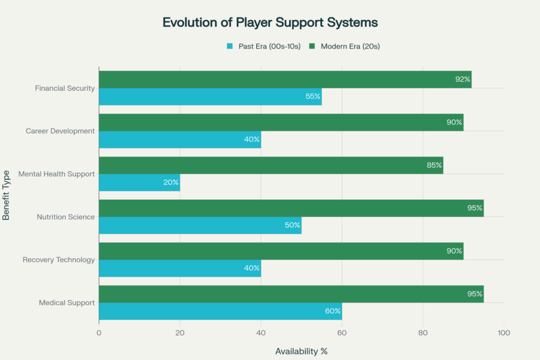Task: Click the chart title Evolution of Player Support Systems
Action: [270, 23]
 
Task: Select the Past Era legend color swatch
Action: [229, 46]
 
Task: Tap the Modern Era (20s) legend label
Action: [350, 46]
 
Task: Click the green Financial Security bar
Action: [285, 80]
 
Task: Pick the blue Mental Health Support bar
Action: [139, 182]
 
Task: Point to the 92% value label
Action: [462, 80]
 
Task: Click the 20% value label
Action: [171, 182]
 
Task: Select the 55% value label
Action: [313, 97]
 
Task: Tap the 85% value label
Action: [434, 166]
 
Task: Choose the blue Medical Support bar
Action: [220, 311]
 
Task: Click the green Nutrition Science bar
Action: [291, 208]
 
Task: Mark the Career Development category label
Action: [60, 131]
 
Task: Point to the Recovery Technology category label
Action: [59, 259]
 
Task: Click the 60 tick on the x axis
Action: [342, 333]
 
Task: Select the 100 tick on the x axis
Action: [504, 333]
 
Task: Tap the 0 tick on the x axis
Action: [99, 333]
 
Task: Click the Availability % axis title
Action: [301, 351]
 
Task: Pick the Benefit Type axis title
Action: [7, 195]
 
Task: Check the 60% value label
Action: [333, 311]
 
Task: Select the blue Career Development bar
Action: [179, 140]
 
